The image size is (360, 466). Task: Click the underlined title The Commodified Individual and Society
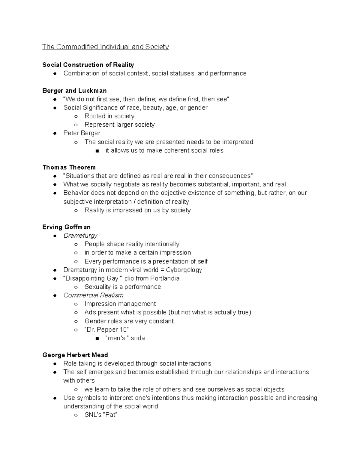tap(105, 47)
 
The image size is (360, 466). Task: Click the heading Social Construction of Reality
tap(88, 65)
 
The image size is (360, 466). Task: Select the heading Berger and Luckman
tap(74, 91)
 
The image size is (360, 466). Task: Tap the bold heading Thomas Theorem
tap(69, 167)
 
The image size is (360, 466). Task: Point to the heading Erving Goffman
tap(66, 227)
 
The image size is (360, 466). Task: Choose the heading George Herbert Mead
tap(75, 355)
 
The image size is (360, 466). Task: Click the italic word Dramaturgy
tap(80, 236)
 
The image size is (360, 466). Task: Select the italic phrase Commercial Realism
tap(93, 295)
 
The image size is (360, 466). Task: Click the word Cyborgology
tap(184, 270)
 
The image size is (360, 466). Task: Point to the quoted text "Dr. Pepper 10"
tap(106, 329)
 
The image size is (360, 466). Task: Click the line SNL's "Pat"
tap(101, 415)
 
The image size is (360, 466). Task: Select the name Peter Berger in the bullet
tap(82, 133)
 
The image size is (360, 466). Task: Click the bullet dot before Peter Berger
tap(55, 133)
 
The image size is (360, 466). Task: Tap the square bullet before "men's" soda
tap(97, 338)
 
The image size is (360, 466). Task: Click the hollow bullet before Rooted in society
tap(76, 116)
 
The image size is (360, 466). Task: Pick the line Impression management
tap(120, 304)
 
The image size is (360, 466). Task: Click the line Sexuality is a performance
tap(122, 287)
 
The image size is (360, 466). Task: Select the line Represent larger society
tap(119, 125)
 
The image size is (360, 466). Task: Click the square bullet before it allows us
tap(97, 151)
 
